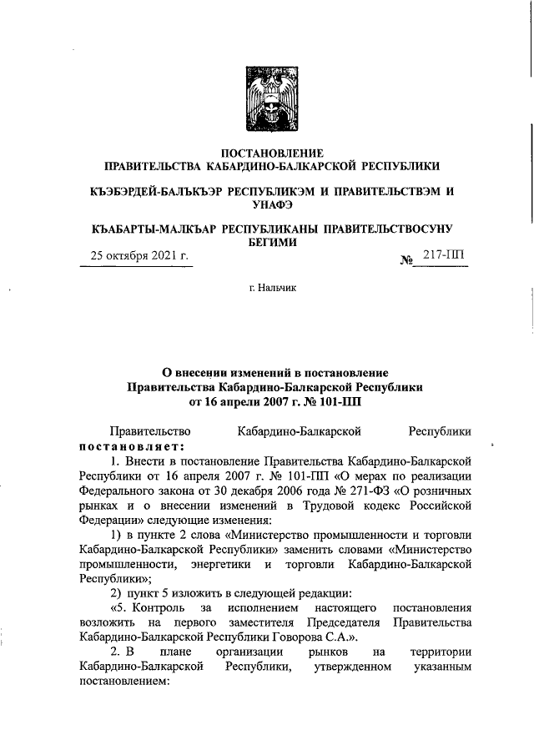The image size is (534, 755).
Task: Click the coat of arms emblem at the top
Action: pos(270,102)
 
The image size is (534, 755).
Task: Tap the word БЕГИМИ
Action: pos(271,242)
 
